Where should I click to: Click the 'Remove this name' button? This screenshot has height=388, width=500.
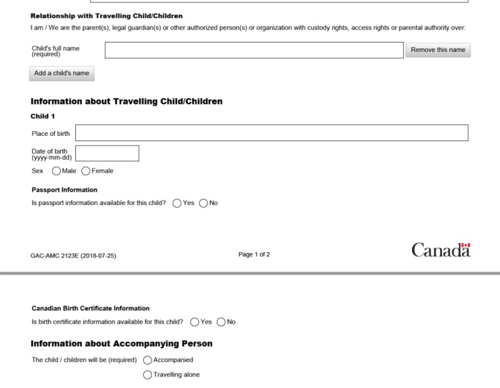pyautogui.click(x=438, y=50)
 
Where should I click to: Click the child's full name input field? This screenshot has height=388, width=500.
pyautogui.click(x=254, y=50)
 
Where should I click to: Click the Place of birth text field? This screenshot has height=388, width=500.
pyautogui.click(x=271, y=133)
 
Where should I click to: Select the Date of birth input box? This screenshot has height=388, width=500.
pyautogui.click(x=107, y=153)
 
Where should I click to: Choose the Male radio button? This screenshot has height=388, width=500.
pyautogui.click(x=56, y=171)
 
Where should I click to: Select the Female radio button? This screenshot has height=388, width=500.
pyautogui.click(x=86, y=171)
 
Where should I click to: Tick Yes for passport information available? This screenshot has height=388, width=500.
pyautogui.click(x=177, y=203)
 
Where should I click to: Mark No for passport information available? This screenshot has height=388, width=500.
pyautogui.click(x=203, y=203)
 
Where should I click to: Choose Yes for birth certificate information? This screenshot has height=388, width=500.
pyautogui.click(x=195, y=322)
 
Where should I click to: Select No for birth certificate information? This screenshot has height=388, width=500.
pyautogui.click(x=221, y=322)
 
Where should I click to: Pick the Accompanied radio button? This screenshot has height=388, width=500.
pyautogui.click(x=148, y=360)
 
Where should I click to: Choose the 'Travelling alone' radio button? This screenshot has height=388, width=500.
pyautogui.click(x=148, y=375)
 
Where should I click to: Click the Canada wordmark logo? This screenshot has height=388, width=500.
pyautogui.click(x=441, y=251)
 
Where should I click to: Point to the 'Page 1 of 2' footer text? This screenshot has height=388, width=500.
pyautogui.click(x=254, y=254)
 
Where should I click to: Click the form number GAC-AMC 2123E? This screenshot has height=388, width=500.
pyautogui.click(x=73, y=255)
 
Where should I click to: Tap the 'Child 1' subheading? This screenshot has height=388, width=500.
pyautogui.click(x=43, y=116)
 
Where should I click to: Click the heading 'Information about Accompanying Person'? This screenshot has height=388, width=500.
pyautogui.click(x=121, y=343)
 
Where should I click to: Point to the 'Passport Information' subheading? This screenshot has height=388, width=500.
pyautogui.click(x=64, y=190)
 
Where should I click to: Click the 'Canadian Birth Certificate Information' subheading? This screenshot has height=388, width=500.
pyautogui.click(x=91, y=308)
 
